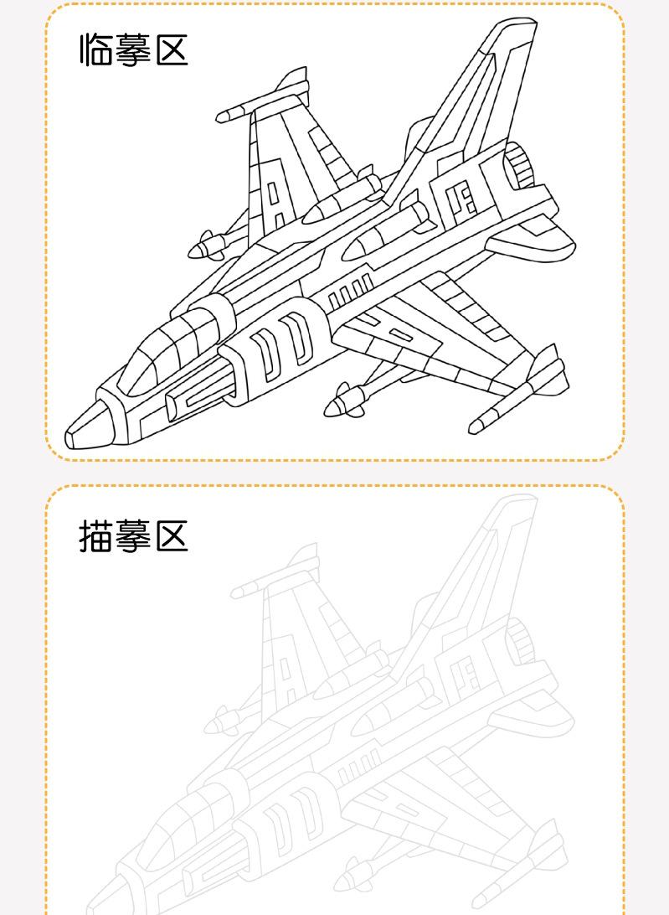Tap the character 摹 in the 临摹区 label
(133, 50)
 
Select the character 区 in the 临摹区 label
(172, 50)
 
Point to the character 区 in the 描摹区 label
(172, 535)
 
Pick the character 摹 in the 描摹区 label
(133, 535)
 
